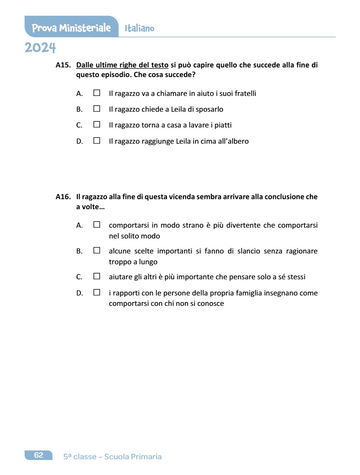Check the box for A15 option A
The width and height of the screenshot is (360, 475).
97,93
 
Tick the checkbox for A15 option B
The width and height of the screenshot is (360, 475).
97,109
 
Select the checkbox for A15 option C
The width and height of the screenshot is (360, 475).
97,125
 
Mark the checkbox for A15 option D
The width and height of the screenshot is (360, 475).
97,141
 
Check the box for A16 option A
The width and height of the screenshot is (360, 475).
97,225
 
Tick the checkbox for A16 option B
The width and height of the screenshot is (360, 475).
97,251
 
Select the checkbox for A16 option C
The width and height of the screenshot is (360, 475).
97,277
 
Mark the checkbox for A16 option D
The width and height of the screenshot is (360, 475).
97,293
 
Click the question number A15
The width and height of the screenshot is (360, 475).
63,65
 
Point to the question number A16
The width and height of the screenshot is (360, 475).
63,197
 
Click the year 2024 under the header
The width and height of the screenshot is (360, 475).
40,48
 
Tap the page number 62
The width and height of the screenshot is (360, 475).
39,455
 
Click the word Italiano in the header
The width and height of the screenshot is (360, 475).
139,29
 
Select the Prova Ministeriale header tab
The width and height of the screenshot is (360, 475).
71,28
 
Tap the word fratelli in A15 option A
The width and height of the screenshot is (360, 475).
245,94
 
